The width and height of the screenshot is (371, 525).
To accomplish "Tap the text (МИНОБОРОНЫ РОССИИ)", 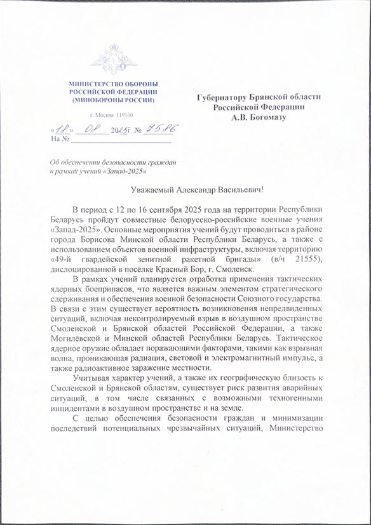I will pyautogui.click(x=112, y=100).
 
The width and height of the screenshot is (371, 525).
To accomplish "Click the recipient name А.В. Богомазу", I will pyautogui.click(x=259, y=117).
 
